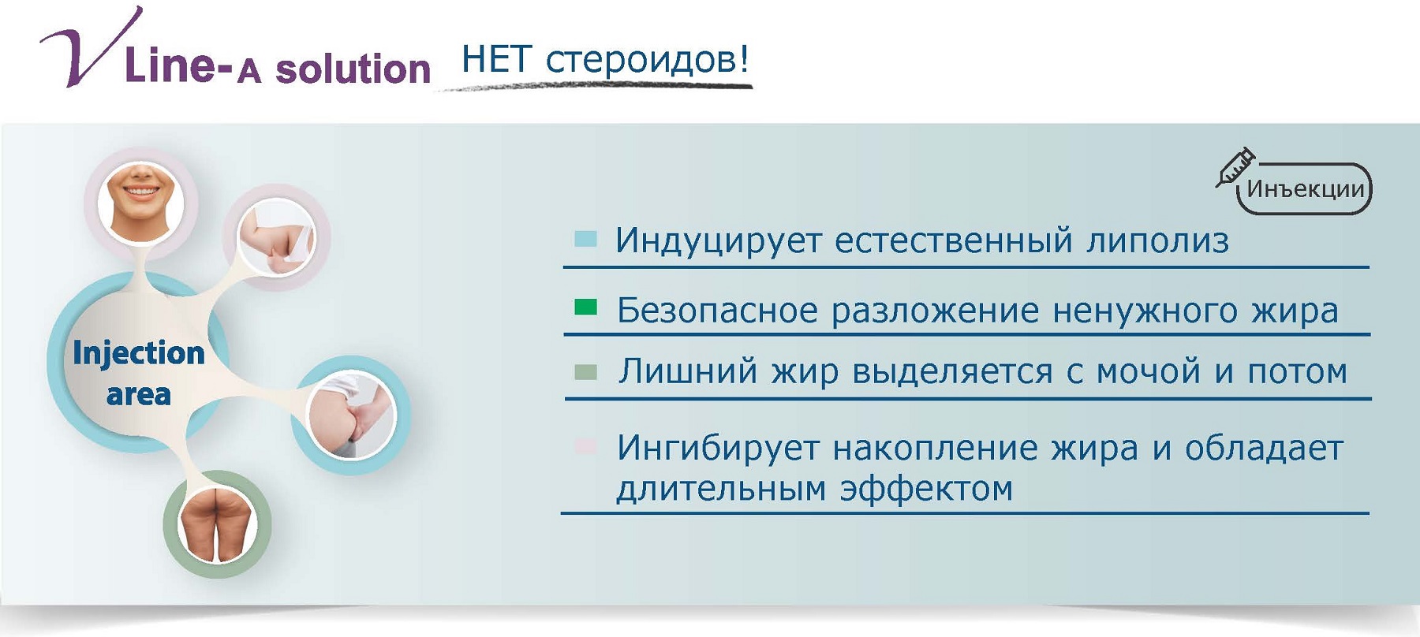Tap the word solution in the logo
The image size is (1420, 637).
(353, 69)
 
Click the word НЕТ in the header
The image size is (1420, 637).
(497, 60)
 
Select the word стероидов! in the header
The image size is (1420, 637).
(647, 60)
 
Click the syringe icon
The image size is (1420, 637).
(1235, 166)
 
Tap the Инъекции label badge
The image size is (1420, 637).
(1305, 189)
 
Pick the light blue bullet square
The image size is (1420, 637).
(585, 238)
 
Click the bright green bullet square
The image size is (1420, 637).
(585, 307)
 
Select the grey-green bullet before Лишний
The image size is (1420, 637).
(585, 371)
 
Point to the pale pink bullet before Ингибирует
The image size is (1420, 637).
(585, 446)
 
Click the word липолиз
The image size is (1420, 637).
(1157, 241)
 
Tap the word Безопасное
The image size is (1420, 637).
(717, 310)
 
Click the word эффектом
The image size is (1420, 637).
(926, 489)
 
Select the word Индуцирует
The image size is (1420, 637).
(719, 241)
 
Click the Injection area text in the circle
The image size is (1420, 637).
(139, 373)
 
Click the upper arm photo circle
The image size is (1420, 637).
(276, 237)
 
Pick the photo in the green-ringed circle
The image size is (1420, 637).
(217, 524)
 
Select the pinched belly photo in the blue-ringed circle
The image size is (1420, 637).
(351, 415)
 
